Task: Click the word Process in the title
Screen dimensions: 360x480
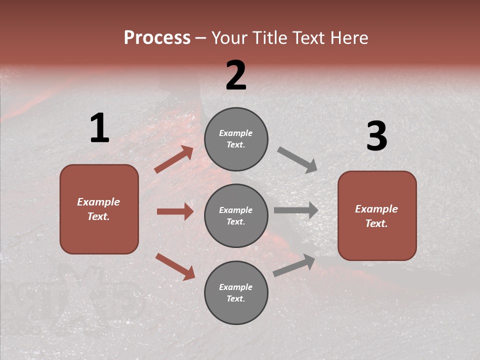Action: (157, 38)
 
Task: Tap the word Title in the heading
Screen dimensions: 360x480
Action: (267, 38)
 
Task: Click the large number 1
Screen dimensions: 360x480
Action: (99, 128)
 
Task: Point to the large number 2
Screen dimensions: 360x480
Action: (236, 75)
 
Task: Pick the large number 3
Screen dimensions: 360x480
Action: (376, 137)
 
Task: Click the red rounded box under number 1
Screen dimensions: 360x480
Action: (99, 209)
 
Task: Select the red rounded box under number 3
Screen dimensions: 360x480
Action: (377, 215)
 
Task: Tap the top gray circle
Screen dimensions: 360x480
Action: (236, 139)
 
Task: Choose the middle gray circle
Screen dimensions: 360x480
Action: (236, 215)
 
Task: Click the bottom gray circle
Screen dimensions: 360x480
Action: (236, 292)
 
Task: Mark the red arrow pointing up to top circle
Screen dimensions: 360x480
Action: (174, 159)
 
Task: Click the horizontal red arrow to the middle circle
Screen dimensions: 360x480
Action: (175, 211)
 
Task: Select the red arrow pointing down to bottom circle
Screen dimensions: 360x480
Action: (175, 266)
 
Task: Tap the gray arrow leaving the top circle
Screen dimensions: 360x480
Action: (297, 159)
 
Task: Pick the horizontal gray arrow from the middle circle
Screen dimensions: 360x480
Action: (296, 210)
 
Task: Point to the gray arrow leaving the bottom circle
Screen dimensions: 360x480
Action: (294, 265)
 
